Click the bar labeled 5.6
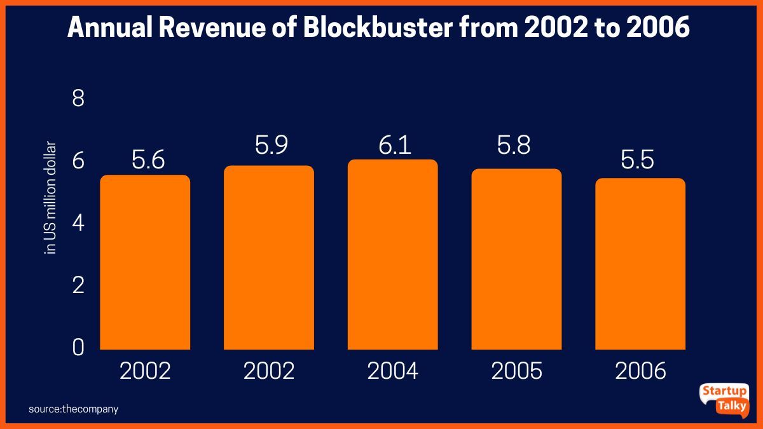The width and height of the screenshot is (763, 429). click(145, 262)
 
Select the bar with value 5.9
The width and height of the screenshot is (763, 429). click(269, 257)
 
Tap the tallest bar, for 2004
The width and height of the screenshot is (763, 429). click(392, 254)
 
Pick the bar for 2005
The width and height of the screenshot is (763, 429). click(516, 259)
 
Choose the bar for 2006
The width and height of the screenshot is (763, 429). click(640, 264)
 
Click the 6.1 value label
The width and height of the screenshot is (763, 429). click(395, 146)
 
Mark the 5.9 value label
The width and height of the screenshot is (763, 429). click(272, 146)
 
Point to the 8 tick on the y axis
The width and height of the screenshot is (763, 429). click(79, 99)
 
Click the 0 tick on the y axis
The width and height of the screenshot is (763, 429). click(79, 348)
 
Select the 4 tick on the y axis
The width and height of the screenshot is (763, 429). click(79, 224)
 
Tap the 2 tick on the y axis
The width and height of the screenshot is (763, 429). click(79, 286)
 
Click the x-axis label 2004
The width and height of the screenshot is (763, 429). click(392, 371)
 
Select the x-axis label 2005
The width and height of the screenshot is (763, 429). click(516, 371)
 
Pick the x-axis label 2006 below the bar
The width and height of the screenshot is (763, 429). click(640, 371)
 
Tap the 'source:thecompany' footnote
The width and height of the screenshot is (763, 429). click(73, 409)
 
